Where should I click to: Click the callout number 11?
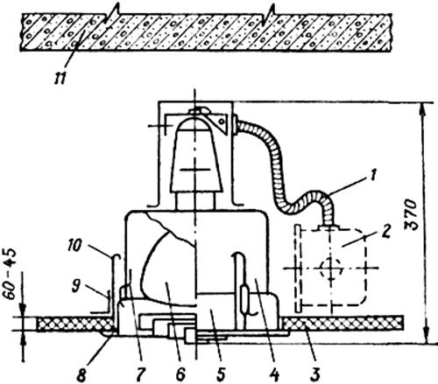coord(60,79)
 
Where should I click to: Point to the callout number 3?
coord(315,374)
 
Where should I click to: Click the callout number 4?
coord(274,374)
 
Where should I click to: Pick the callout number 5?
coord(221,374)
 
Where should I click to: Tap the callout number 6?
coord(180,374)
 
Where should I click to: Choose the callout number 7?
coord(140,374)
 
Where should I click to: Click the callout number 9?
coord(76,286)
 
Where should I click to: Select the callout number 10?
coord(74,245)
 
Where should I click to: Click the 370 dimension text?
coord(413,214)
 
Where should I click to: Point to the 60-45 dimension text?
coord(11,273)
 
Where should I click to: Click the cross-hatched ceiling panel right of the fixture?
coord(343,323)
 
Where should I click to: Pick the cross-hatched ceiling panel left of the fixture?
coord(74,324)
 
